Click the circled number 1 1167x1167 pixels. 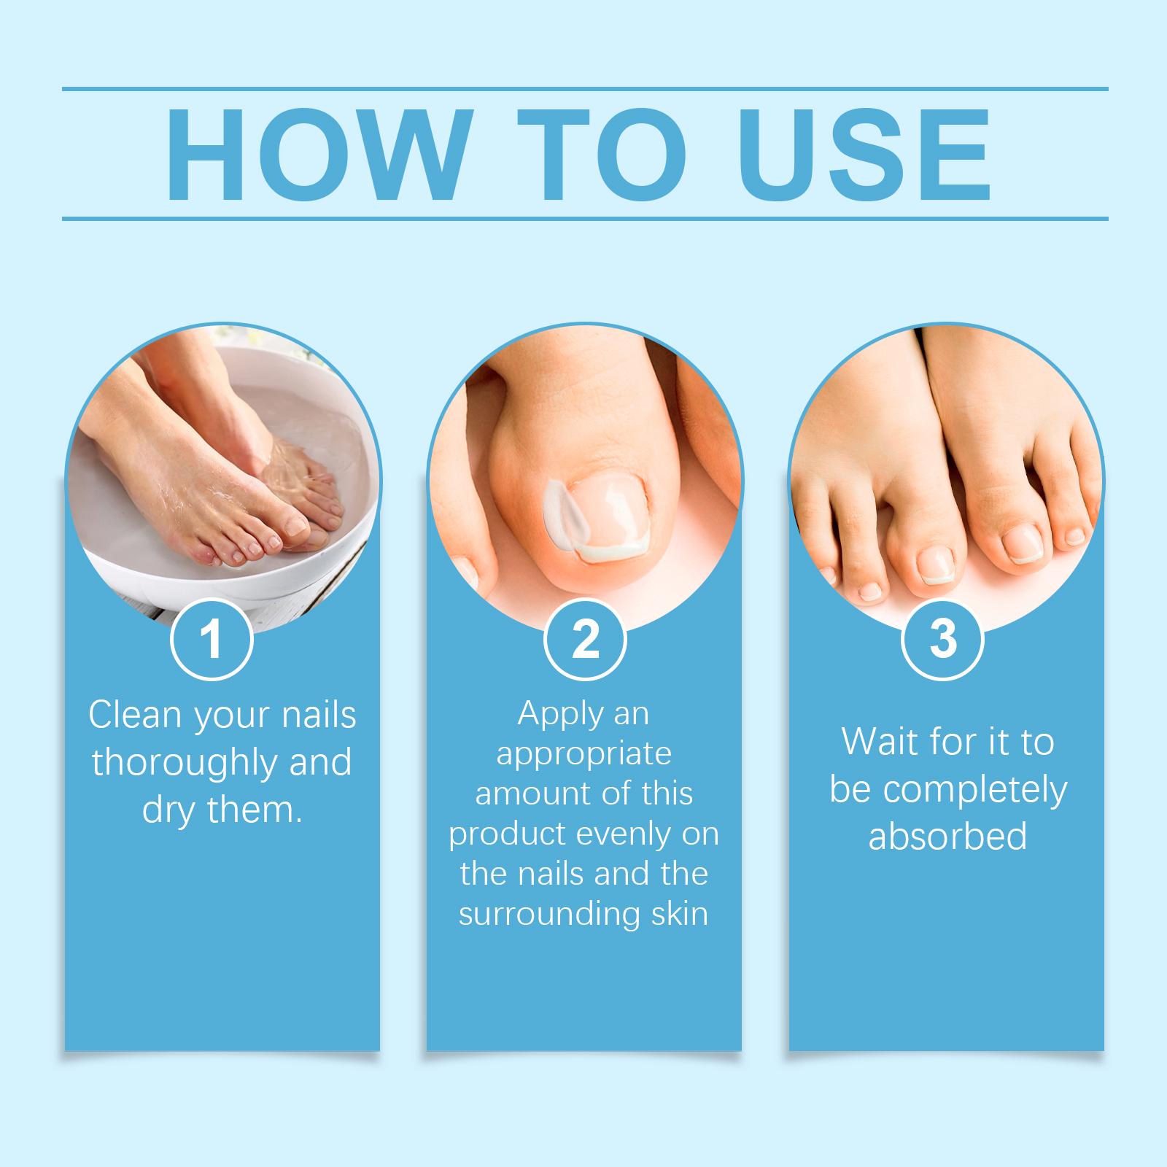click(212, 638)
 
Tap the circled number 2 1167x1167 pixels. click(585, 638)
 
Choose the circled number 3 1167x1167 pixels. click(943, 638)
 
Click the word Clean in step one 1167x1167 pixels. click(136, 715)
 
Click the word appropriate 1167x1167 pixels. click(583, 754)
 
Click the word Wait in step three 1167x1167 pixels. click(879, 742)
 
